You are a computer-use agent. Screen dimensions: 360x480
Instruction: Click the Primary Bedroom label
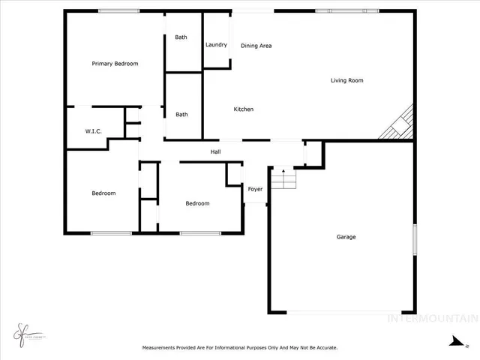click(x=115, y=64)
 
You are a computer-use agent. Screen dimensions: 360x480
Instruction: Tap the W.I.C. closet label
click(x=93, y=132)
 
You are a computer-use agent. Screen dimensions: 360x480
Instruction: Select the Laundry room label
click(x=216, y=45)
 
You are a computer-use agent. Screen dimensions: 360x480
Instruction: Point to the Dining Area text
click(x=256, y=46)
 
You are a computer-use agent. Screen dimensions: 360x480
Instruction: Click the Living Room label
click(x=347, y=80)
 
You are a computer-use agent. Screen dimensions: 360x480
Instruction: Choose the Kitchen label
click(x=244, y=109)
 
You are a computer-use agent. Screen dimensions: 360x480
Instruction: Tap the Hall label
click(x=215, y=152)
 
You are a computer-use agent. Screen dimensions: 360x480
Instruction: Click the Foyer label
click(x=255, y=189)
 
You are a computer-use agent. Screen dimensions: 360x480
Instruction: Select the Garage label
click(x=346, y=237)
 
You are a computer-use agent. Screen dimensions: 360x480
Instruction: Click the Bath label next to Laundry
click(x=181, y=37)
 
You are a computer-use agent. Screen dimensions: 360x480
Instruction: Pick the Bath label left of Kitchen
click(x=181, y=115)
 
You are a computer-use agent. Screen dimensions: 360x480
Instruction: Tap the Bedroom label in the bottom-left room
click(x=103, y=193)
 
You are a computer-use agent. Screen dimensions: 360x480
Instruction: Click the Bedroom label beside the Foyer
click(x=197, y=203)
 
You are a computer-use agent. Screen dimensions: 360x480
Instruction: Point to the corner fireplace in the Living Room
click(x=398, y=124)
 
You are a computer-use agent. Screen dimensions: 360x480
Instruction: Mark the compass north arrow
click(x=453, y=341)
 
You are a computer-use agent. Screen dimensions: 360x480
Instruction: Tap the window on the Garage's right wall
click(x=414, y=241)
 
